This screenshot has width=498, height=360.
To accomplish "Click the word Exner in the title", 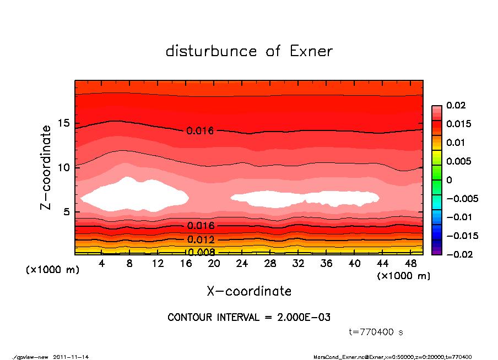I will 311,51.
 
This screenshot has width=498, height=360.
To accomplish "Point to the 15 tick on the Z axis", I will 66,123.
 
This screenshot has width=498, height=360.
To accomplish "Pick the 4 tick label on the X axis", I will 102,264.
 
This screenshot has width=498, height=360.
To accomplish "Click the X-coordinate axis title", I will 249,291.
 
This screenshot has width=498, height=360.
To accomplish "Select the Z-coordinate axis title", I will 46,167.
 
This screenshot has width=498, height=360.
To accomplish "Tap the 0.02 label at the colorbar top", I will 456,105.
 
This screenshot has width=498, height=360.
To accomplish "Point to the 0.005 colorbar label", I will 459,161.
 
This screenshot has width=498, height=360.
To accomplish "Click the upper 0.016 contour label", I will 199,131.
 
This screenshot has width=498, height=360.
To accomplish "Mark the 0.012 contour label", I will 200,240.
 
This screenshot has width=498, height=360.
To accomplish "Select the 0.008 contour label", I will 200,253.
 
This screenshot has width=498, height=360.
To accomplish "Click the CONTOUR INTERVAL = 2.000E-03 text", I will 249,318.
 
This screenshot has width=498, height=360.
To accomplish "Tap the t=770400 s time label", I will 376,332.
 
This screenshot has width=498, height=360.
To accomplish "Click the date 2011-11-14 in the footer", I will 71,357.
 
